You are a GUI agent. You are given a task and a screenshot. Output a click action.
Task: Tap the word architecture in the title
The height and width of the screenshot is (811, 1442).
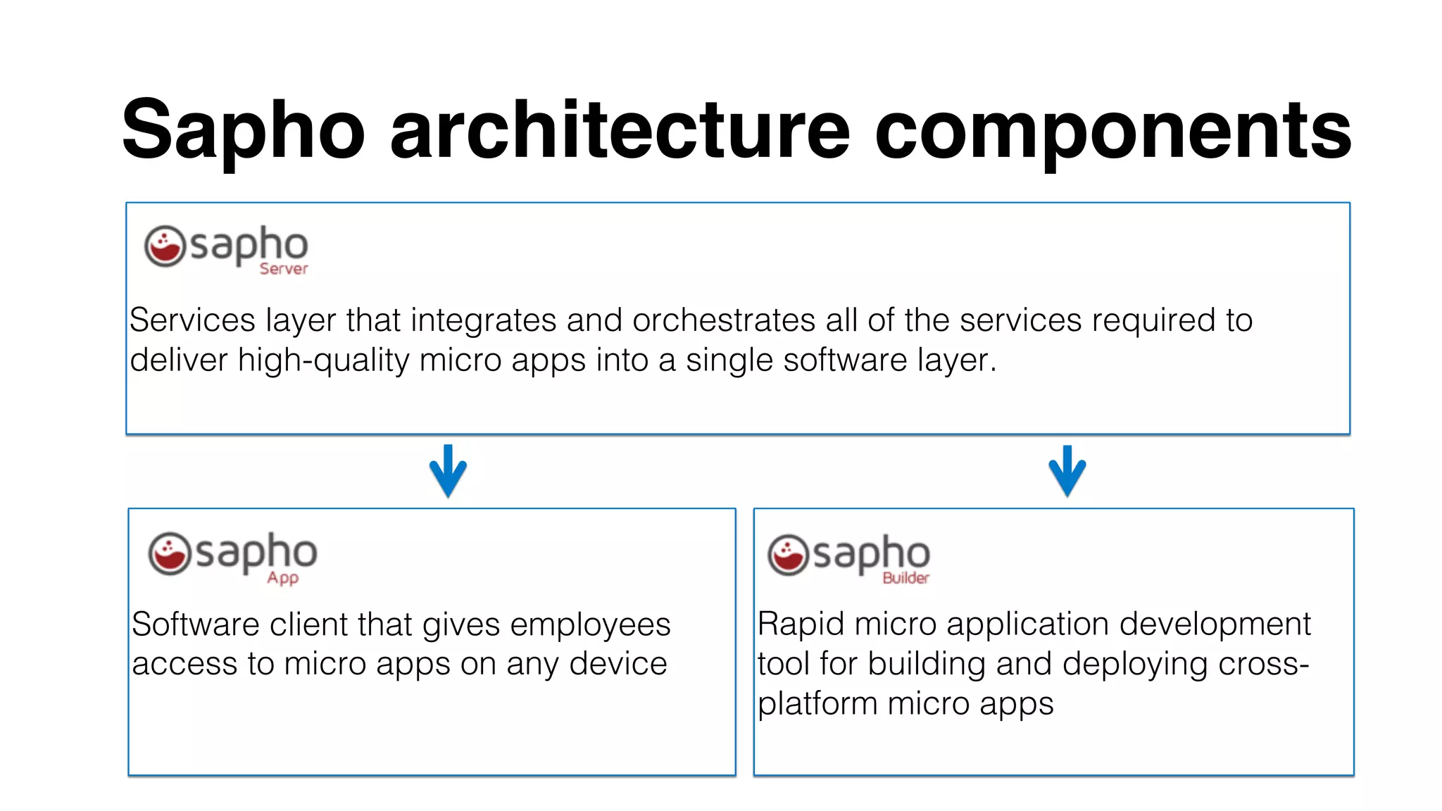(620, 130)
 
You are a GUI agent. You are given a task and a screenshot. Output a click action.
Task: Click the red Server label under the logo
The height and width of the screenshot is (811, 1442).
(284, 269)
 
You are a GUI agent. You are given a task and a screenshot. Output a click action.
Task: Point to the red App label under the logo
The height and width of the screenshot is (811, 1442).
(282, 578)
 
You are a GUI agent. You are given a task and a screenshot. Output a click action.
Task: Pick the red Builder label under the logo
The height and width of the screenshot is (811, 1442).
(906, 578)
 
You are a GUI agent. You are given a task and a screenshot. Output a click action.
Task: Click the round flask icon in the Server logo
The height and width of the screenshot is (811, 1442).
(165, 246)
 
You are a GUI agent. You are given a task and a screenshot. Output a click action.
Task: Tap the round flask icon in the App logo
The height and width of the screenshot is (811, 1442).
(169, 553)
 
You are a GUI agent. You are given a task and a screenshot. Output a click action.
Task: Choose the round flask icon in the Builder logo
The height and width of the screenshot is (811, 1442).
(788, 555)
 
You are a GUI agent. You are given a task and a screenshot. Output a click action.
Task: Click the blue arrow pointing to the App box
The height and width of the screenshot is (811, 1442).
(448, 471)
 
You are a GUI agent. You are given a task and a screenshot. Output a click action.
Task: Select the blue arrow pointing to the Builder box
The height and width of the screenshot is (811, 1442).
(1067, 471)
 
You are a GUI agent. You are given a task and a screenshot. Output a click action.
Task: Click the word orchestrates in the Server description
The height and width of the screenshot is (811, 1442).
(724, 320)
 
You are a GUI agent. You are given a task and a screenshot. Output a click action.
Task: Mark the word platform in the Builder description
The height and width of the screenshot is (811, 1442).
(817, 704)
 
